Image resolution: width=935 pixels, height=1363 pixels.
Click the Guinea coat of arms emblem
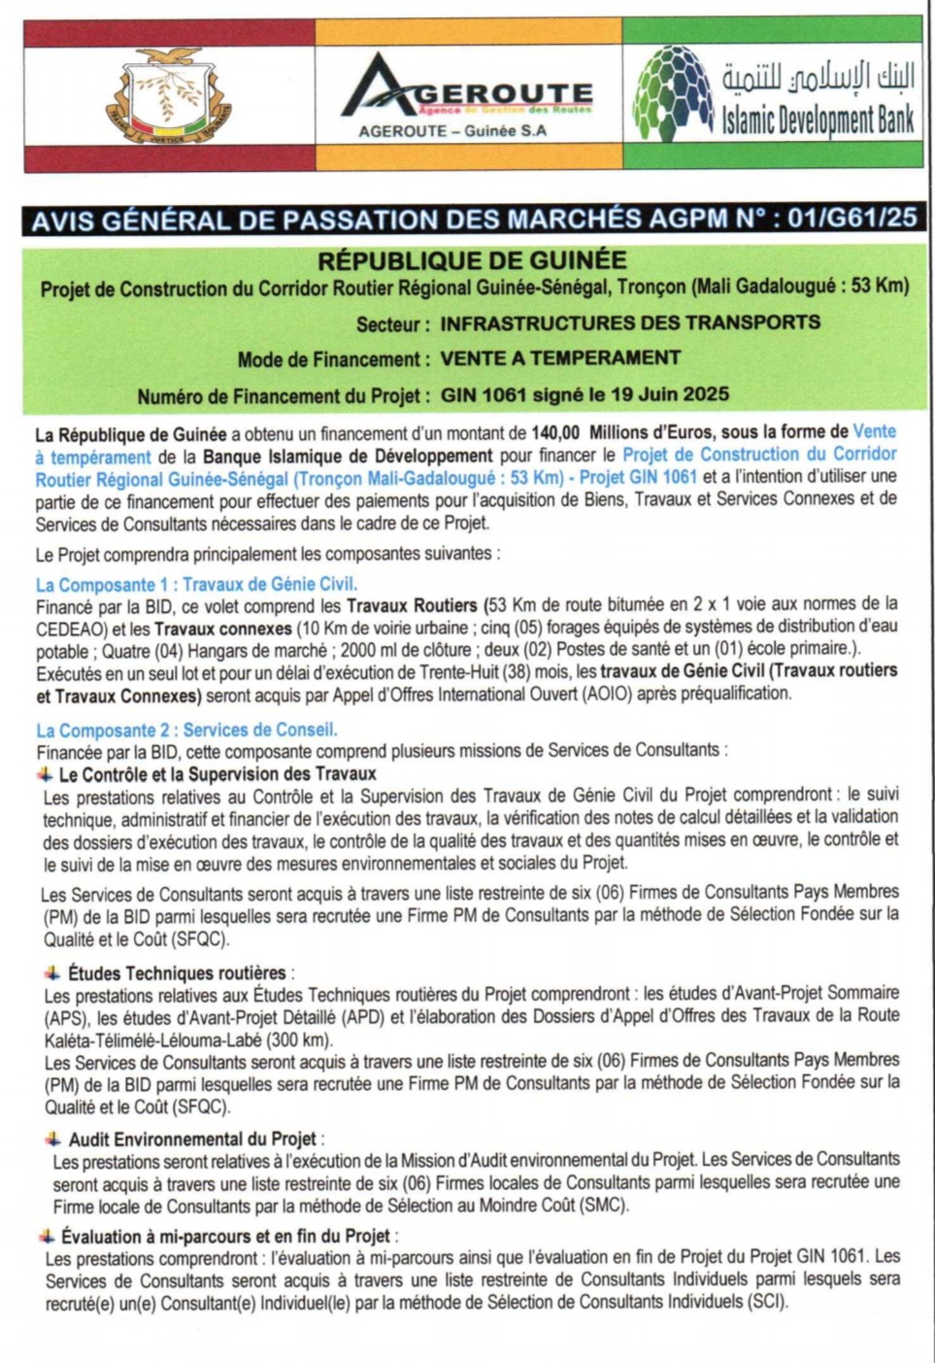(x=169, y=96)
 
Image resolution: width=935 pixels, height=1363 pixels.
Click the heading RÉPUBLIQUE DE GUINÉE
(x=472, y=260)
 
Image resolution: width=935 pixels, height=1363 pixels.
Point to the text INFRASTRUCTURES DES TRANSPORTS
(x=630, y=323)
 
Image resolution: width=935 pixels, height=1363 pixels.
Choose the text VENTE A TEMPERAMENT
(x=560, y=358)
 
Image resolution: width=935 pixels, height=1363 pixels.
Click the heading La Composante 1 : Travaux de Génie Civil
(x=196, y=584)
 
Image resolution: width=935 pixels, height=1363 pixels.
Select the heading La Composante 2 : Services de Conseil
(x=186, y=730)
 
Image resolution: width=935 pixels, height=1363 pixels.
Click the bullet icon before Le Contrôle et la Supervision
(x=46, y=774)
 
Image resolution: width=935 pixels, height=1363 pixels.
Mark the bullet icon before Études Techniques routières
(x=52, y=972)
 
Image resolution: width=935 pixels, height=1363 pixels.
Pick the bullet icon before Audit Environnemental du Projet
(x=53, y=1139)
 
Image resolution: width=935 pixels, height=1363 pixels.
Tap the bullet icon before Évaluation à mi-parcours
(x=47, y=1236)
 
